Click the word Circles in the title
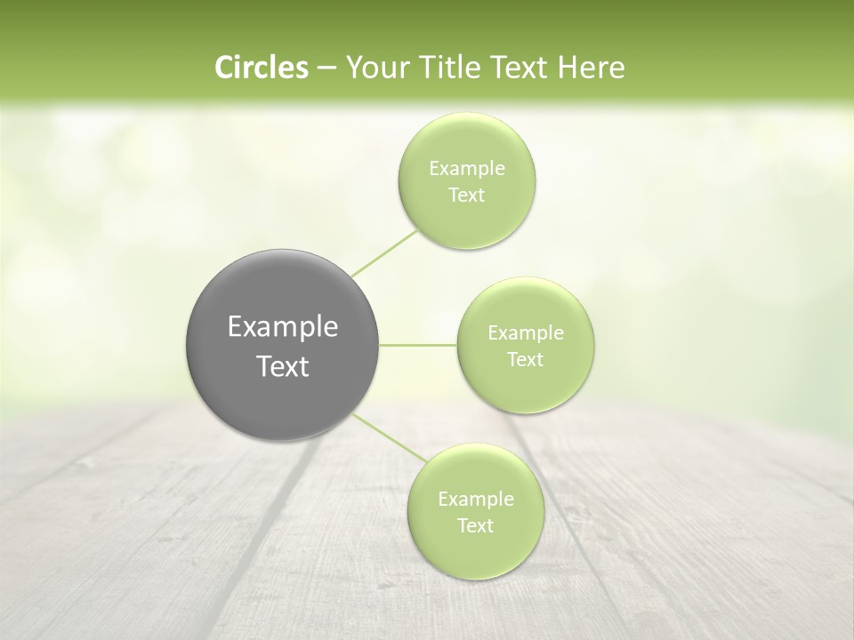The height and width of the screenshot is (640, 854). click(x=262, y=68)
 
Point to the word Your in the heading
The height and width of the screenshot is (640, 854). click(x=374, y=68)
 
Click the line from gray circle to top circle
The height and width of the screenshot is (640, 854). click(x=384, y=253)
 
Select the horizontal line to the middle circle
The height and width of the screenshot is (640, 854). click(x=418, y=345)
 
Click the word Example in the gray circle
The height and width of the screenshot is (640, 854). click(x=283, y=327)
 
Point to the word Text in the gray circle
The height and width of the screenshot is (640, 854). click(x=283, y=366)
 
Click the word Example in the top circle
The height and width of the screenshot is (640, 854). click(x=467, y=169)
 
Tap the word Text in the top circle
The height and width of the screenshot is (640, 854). click(x=466, y=196)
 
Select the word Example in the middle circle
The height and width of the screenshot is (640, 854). click(x=526, y=333)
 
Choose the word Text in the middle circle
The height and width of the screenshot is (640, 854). click(x=526, y=360)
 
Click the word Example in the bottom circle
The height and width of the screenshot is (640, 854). click(x=476, y=500)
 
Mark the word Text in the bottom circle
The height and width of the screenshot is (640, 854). click(x=475, y=526)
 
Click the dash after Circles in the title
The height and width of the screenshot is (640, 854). click(x=326, y=68)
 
